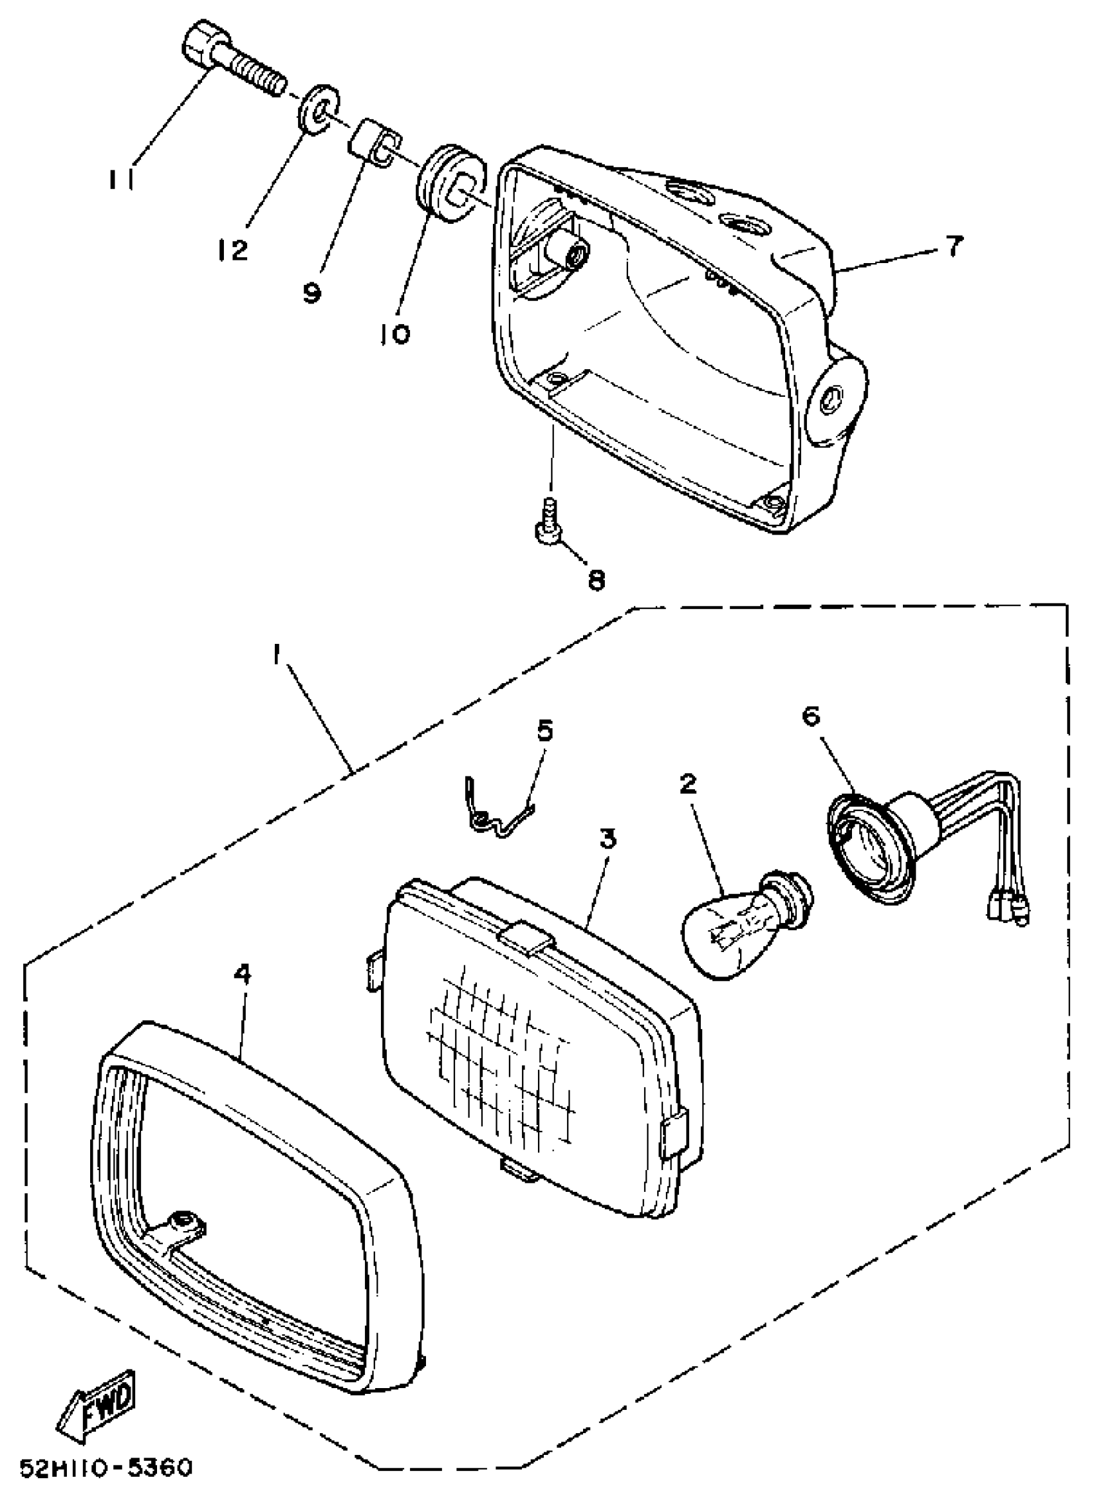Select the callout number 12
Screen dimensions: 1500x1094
coord(232,250)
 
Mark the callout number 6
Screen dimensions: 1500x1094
coord(812,717)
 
